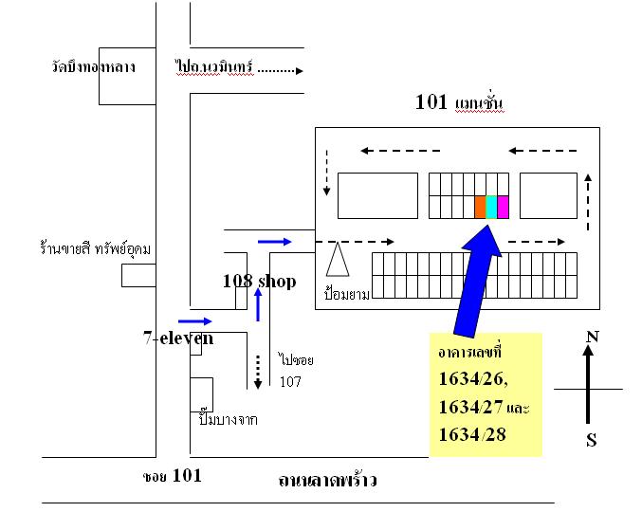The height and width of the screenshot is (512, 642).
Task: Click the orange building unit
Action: click(480, 207)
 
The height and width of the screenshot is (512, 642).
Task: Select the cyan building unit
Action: click(491, 207)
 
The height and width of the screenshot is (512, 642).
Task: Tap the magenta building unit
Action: click(503, 207)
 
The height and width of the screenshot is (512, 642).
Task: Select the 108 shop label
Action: click(259, 281)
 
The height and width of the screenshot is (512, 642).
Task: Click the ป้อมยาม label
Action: click(345, 294)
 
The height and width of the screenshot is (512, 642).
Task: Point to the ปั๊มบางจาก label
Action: click(229, 419)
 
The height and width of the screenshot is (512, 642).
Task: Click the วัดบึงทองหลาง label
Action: click(94, 67)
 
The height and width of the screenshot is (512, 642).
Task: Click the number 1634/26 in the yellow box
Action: click(473, 379)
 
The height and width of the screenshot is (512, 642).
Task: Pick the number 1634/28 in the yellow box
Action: click(473, 434)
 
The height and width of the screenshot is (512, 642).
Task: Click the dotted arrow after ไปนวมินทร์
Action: click(281, 69)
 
